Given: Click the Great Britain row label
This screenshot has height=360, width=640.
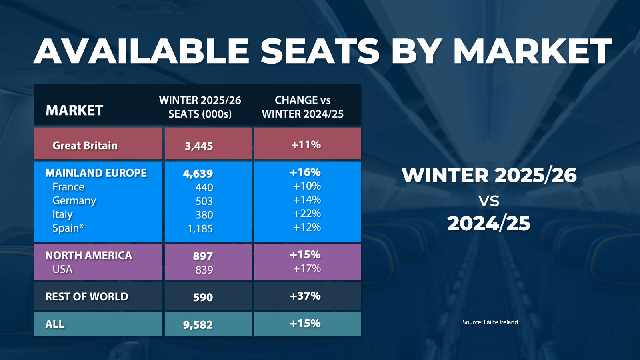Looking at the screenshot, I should coord(85,145).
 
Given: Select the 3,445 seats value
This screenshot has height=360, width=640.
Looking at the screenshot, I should coord(199,146).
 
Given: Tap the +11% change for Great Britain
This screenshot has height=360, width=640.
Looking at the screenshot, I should coord(306,145).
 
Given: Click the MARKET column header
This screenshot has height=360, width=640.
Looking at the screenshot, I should coord(74,110).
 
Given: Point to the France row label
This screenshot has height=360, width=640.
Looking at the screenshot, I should coord(68,187).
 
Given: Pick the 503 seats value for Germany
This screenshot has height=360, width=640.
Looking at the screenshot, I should coord(204,201).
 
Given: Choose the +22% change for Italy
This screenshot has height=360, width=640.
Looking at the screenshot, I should coord(307,214).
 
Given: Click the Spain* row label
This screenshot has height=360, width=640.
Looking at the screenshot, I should coord(68,228).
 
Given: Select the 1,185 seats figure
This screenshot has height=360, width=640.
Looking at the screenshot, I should coord(200,229).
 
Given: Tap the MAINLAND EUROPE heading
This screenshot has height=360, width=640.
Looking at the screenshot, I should coord(96,173).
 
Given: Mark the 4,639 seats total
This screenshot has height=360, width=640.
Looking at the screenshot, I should coord(198,174).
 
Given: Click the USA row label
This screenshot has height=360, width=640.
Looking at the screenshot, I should coord(62,269).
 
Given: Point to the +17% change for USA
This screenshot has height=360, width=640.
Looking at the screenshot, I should coord(307,268).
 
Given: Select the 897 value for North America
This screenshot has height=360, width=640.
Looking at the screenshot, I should coord(203,256).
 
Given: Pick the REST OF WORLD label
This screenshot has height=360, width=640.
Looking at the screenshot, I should coord(87,296).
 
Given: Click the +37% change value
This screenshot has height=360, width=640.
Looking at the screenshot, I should coord(305,296).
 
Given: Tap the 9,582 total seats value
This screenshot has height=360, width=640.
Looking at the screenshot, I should coord(198,324).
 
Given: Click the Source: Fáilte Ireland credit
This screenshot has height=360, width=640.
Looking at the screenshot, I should coord(490,322).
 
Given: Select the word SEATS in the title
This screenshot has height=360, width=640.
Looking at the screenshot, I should coord(320,51).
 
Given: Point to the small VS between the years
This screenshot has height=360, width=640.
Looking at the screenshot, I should coord(489,201).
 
